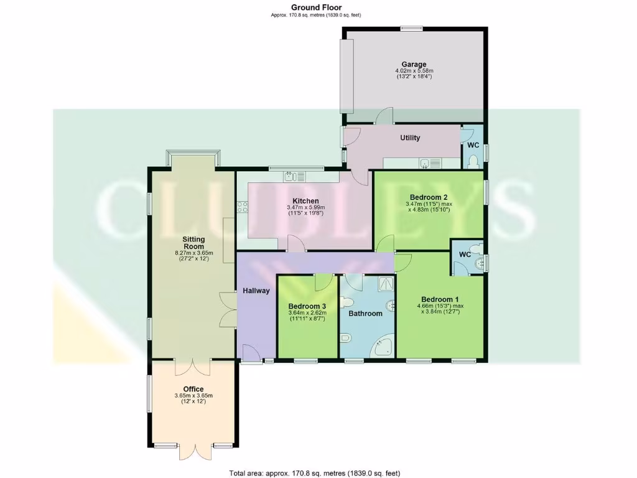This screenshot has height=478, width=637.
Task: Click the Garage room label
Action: [x=414, y=64]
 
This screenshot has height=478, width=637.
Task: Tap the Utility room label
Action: [x=410, y=138]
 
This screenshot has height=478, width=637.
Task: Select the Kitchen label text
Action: [x=306, y=201]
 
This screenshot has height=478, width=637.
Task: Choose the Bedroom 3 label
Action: [x=307, y=306]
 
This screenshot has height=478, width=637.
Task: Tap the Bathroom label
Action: [x=365, y=313]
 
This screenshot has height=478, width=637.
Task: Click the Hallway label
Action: [x=256, y=291]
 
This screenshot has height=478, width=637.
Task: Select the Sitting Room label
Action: [x=193, y=243]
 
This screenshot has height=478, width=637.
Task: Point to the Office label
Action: [x=193, y=389]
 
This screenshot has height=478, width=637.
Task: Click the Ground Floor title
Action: [x=316, y=7]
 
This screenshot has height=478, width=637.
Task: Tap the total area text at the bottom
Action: [x=318, y=472]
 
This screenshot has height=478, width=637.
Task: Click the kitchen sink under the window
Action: [x=290, y=176]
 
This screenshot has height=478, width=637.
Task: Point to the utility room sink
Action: [x=424, y=164]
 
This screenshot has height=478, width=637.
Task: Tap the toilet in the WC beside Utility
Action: [x=472, y=161]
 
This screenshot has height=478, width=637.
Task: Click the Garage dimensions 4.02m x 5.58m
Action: [x=414, y=71]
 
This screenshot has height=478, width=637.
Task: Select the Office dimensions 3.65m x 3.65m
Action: [x=193, y=395]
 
